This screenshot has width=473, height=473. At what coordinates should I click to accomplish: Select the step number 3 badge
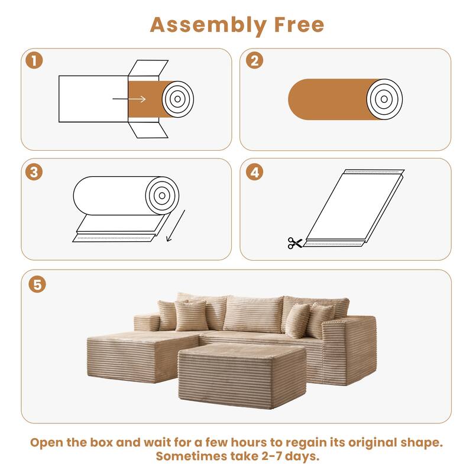pos(34,172)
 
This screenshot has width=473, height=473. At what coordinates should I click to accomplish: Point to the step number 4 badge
pos(255,172)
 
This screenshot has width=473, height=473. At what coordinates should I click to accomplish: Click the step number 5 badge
pos(37,284)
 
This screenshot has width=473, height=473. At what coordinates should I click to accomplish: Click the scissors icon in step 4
pos(294,242)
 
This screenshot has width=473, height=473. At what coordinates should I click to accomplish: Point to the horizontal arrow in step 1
pos(137,99)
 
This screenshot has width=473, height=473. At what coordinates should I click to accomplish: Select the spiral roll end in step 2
pos(384,98)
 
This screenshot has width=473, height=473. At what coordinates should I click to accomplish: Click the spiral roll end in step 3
pos(160,196)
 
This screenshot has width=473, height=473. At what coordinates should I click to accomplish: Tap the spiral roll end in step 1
pos(177,99)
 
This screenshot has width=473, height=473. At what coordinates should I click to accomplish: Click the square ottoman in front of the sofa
pos(242,367)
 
